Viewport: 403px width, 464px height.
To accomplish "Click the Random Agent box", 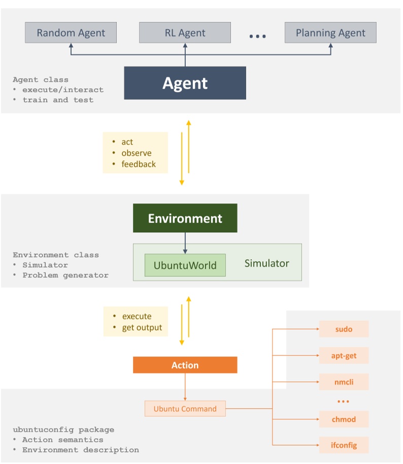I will tap(71, 33).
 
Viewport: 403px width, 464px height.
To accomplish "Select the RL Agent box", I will tap(185, 33).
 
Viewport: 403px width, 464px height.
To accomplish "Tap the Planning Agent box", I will tap(330, 33).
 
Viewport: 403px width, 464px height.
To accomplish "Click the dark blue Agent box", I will tap(185, 83).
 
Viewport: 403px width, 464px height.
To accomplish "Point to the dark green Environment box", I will tap(185, 219).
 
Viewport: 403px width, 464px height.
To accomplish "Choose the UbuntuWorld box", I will tap(185, 265).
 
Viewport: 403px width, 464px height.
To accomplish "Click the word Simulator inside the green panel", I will tap(267, 263).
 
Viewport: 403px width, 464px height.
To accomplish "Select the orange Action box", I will tap(185, 365).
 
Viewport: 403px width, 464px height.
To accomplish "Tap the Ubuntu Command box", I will tap(185, 409).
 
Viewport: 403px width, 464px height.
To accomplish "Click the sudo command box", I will tap(344, 329).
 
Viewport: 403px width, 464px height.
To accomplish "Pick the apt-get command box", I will tap(344, 355).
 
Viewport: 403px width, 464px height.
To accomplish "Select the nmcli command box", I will tap(344, 382).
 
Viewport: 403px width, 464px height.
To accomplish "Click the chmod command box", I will tap(344, 419).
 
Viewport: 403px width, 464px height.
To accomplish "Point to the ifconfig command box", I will tap(344, 445).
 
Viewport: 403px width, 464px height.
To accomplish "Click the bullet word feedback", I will tap(139, 164).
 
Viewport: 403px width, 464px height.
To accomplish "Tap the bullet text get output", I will tap(142, 328).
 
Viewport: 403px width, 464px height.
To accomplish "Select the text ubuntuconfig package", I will tap(63, 430).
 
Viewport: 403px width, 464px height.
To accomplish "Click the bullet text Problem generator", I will tap(65, 275).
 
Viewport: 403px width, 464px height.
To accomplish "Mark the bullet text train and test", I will tap(58, 100).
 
